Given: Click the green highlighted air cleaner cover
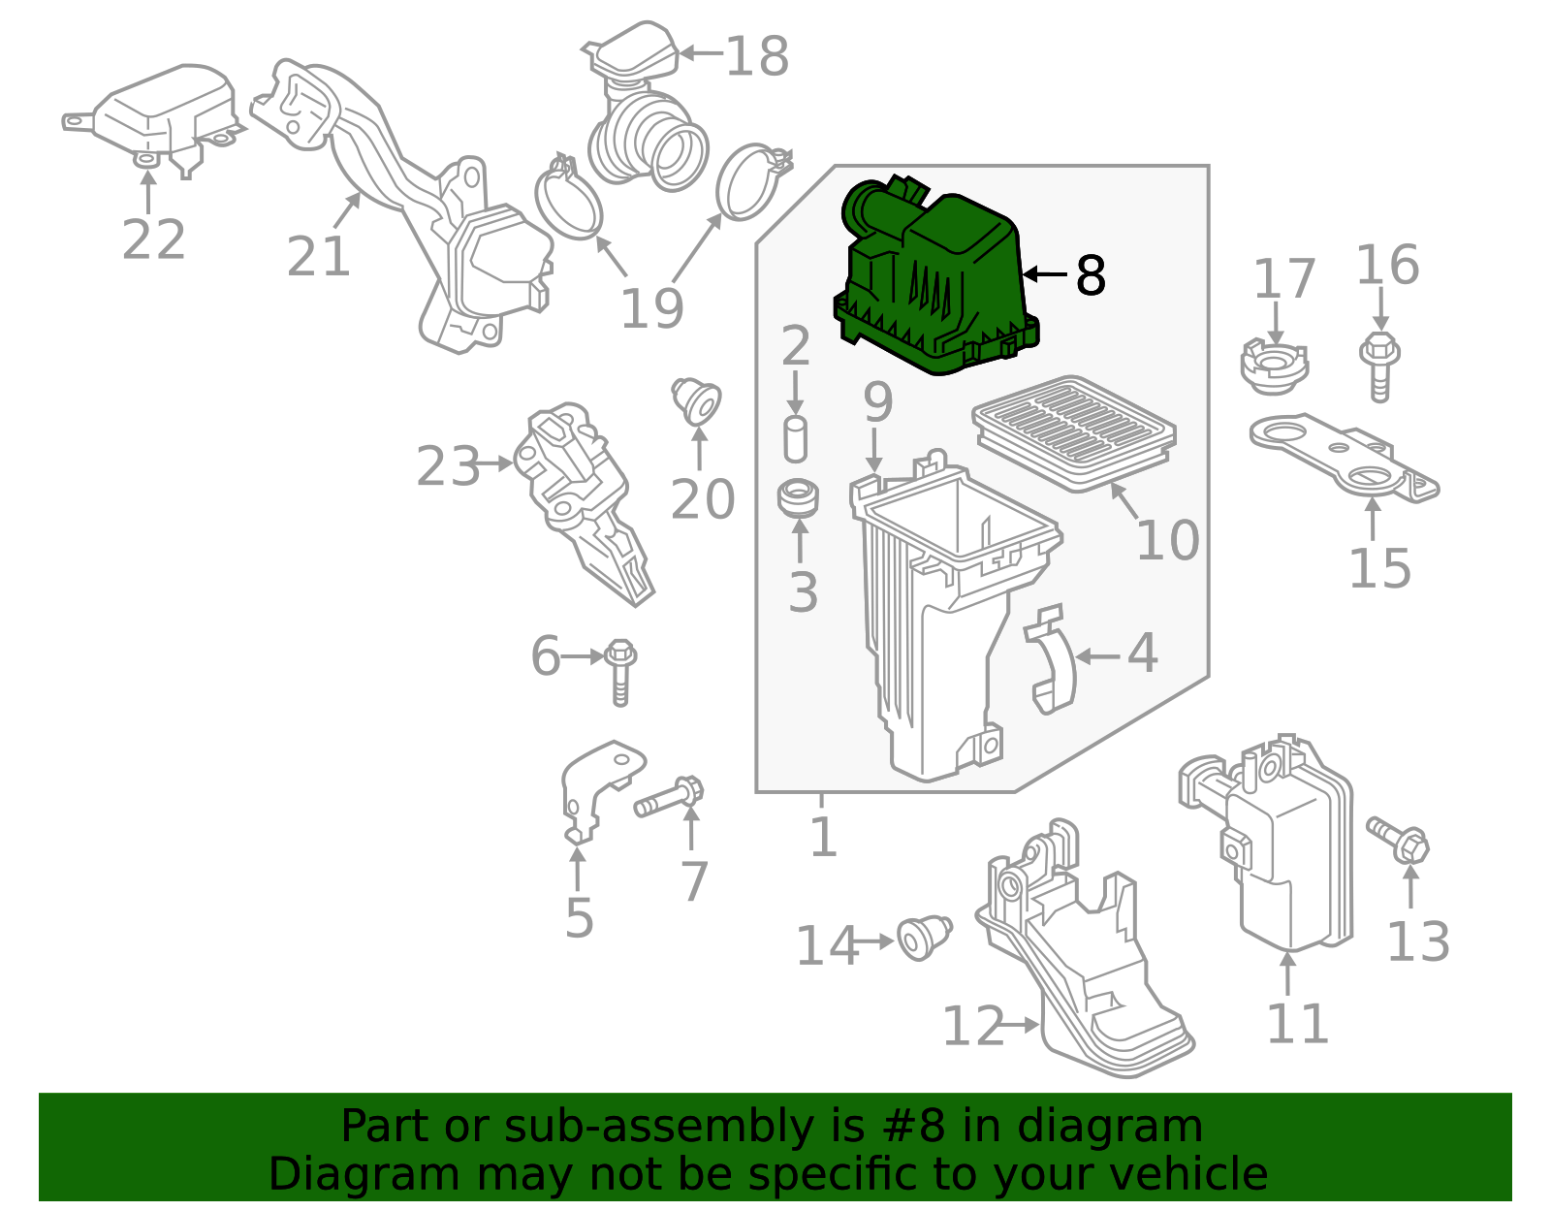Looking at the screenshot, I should (935, 281).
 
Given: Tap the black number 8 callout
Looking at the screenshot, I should (1091, 276).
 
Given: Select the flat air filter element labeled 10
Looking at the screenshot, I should (1074, 431).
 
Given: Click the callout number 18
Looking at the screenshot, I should (757, 56).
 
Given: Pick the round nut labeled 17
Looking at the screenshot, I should (1275, 366).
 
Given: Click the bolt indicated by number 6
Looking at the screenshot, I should (620, 670).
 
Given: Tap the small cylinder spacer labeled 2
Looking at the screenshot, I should (795, 439).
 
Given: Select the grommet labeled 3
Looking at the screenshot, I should (799, 497).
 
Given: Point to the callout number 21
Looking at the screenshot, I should (318, 257).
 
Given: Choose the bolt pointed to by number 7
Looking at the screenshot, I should (669, 797).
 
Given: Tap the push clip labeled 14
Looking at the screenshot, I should (923, 938).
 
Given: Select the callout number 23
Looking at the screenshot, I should (448, 466).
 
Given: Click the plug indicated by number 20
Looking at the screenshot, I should (697, 399).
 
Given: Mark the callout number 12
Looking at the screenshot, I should (974, 1026).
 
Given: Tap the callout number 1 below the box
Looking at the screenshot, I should (823, 836).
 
